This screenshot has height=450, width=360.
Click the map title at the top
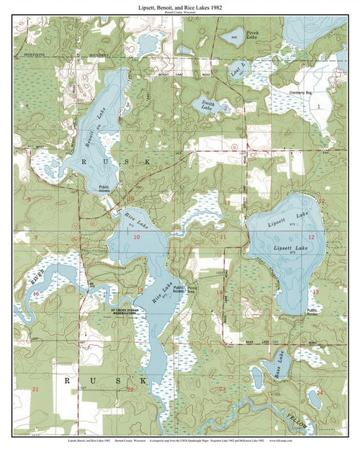[x=179, y=5]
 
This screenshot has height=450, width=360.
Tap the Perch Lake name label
[x=253, y=33]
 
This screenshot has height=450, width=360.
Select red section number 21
[x=35, y=389]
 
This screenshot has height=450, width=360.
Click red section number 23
[x=222, y=389]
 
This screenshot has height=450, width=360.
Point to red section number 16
[x=35, y=294]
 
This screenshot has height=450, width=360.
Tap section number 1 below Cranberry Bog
[x=316, y=106]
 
